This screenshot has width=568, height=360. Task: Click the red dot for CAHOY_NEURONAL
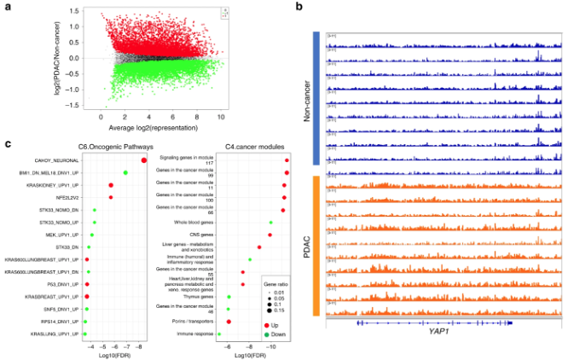pyautogui.click(x=143, y=160)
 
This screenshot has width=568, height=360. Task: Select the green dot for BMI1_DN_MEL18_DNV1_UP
pyautogui.click(x=125, y=173)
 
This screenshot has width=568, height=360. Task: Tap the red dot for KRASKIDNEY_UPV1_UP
pyautogui.click(x=111, y=185)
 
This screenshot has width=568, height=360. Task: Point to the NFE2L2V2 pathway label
pyautogui.click(x=66, y=197)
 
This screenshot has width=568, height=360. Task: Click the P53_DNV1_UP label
pyautogui.click(x=64, y=284)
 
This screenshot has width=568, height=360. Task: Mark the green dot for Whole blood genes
pyautogui.click(x=270, y=222)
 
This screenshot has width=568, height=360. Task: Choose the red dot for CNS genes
pyautogui.click(x=270, y=234)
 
